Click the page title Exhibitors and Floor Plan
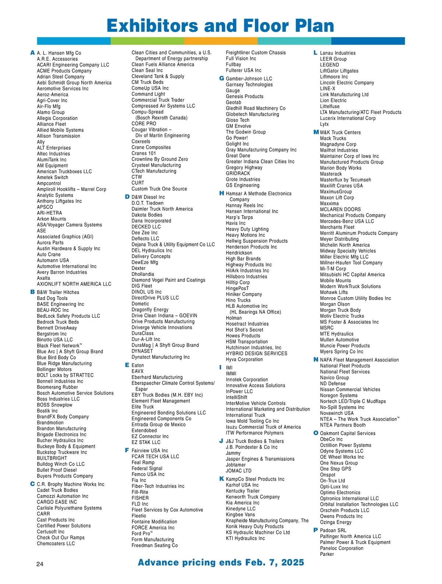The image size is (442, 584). pos(220,26)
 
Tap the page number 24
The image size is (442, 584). pos(40,564)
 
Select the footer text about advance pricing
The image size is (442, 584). pos(221,562)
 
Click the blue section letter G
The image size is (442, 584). pos(221,78)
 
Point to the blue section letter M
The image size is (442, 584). pos(316,132)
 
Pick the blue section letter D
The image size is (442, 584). pos(127,197)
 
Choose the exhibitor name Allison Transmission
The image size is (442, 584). pos(58,136)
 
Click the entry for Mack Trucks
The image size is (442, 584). pos(333,138)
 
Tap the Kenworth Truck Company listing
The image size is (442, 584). pos(253,497)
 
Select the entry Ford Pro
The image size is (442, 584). pos(142,534)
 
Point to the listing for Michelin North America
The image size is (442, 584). pos(345,245)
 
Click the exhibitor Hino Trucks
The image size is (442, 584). pos(238,300)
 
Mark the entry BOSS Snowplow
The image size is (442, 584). pos(55,405)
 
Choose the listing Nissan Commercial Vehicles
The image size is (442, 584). pos(350,389)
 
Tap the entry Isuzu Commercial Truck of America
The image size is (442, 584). pos(263,427)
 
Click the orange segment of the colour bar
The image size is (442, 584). pos(221,41)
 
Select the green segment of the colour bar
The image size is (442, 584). pos(147,41)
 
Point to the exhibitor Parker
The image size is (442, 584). pos(327,554)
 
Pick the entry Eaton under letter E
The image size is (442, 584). pos(138,365)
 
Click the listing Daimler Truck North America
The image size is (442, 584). pos(162,209)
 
